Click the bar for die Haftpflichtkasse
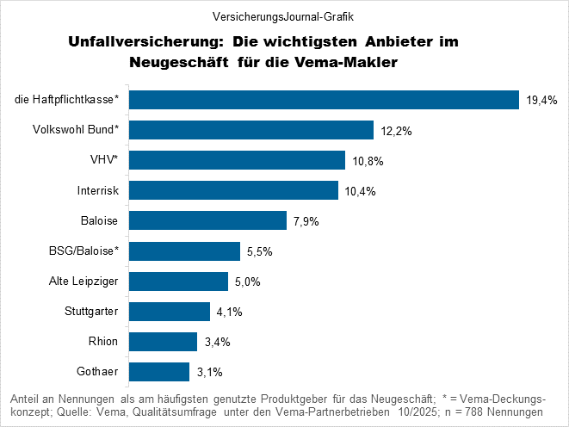click(324, 100)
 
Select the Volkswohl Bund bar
click(250, 130)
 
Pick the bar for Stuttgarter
click(170, 311)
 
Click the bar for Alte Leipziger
click(178, 282)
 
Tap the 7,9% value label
click(306, 221)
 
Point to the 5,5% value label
click(260, 251)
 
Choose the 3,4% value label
click(217, 342)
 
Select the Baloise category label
click(100, 220)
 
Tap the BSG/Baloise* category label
click(83, 251)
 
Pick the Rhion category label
click(104, 341)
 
